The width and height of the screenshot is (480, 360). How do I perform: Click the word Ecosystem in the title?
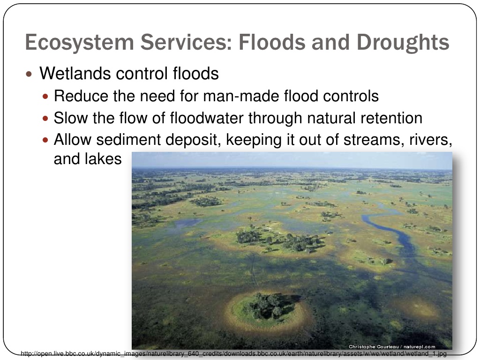click(x=80, y=43)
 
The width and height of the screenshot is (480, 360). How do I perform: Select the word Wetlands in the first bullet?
click(x=75, y=74)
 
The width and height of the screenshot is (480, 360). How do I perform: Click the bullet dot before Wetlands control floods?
click(x=29, y=74)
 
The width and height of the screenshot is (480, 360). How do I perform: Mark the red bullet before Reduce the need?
click(x=45, y=97)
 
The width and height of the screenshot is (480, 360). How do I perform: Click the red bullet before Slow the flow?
click(x=45, y=119)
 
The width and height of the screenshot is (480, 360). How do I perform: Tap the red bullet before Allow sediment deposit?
click(x=45, y=140)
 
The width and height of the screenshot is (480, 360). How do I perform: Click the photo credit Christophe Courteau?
click(x=374, y=346)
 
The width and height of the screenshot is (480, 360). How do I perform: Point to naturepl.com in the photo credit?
click(x=420, y=346)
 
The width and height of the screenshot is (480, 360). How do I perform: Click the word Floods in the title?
click(x=272, y=42)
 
